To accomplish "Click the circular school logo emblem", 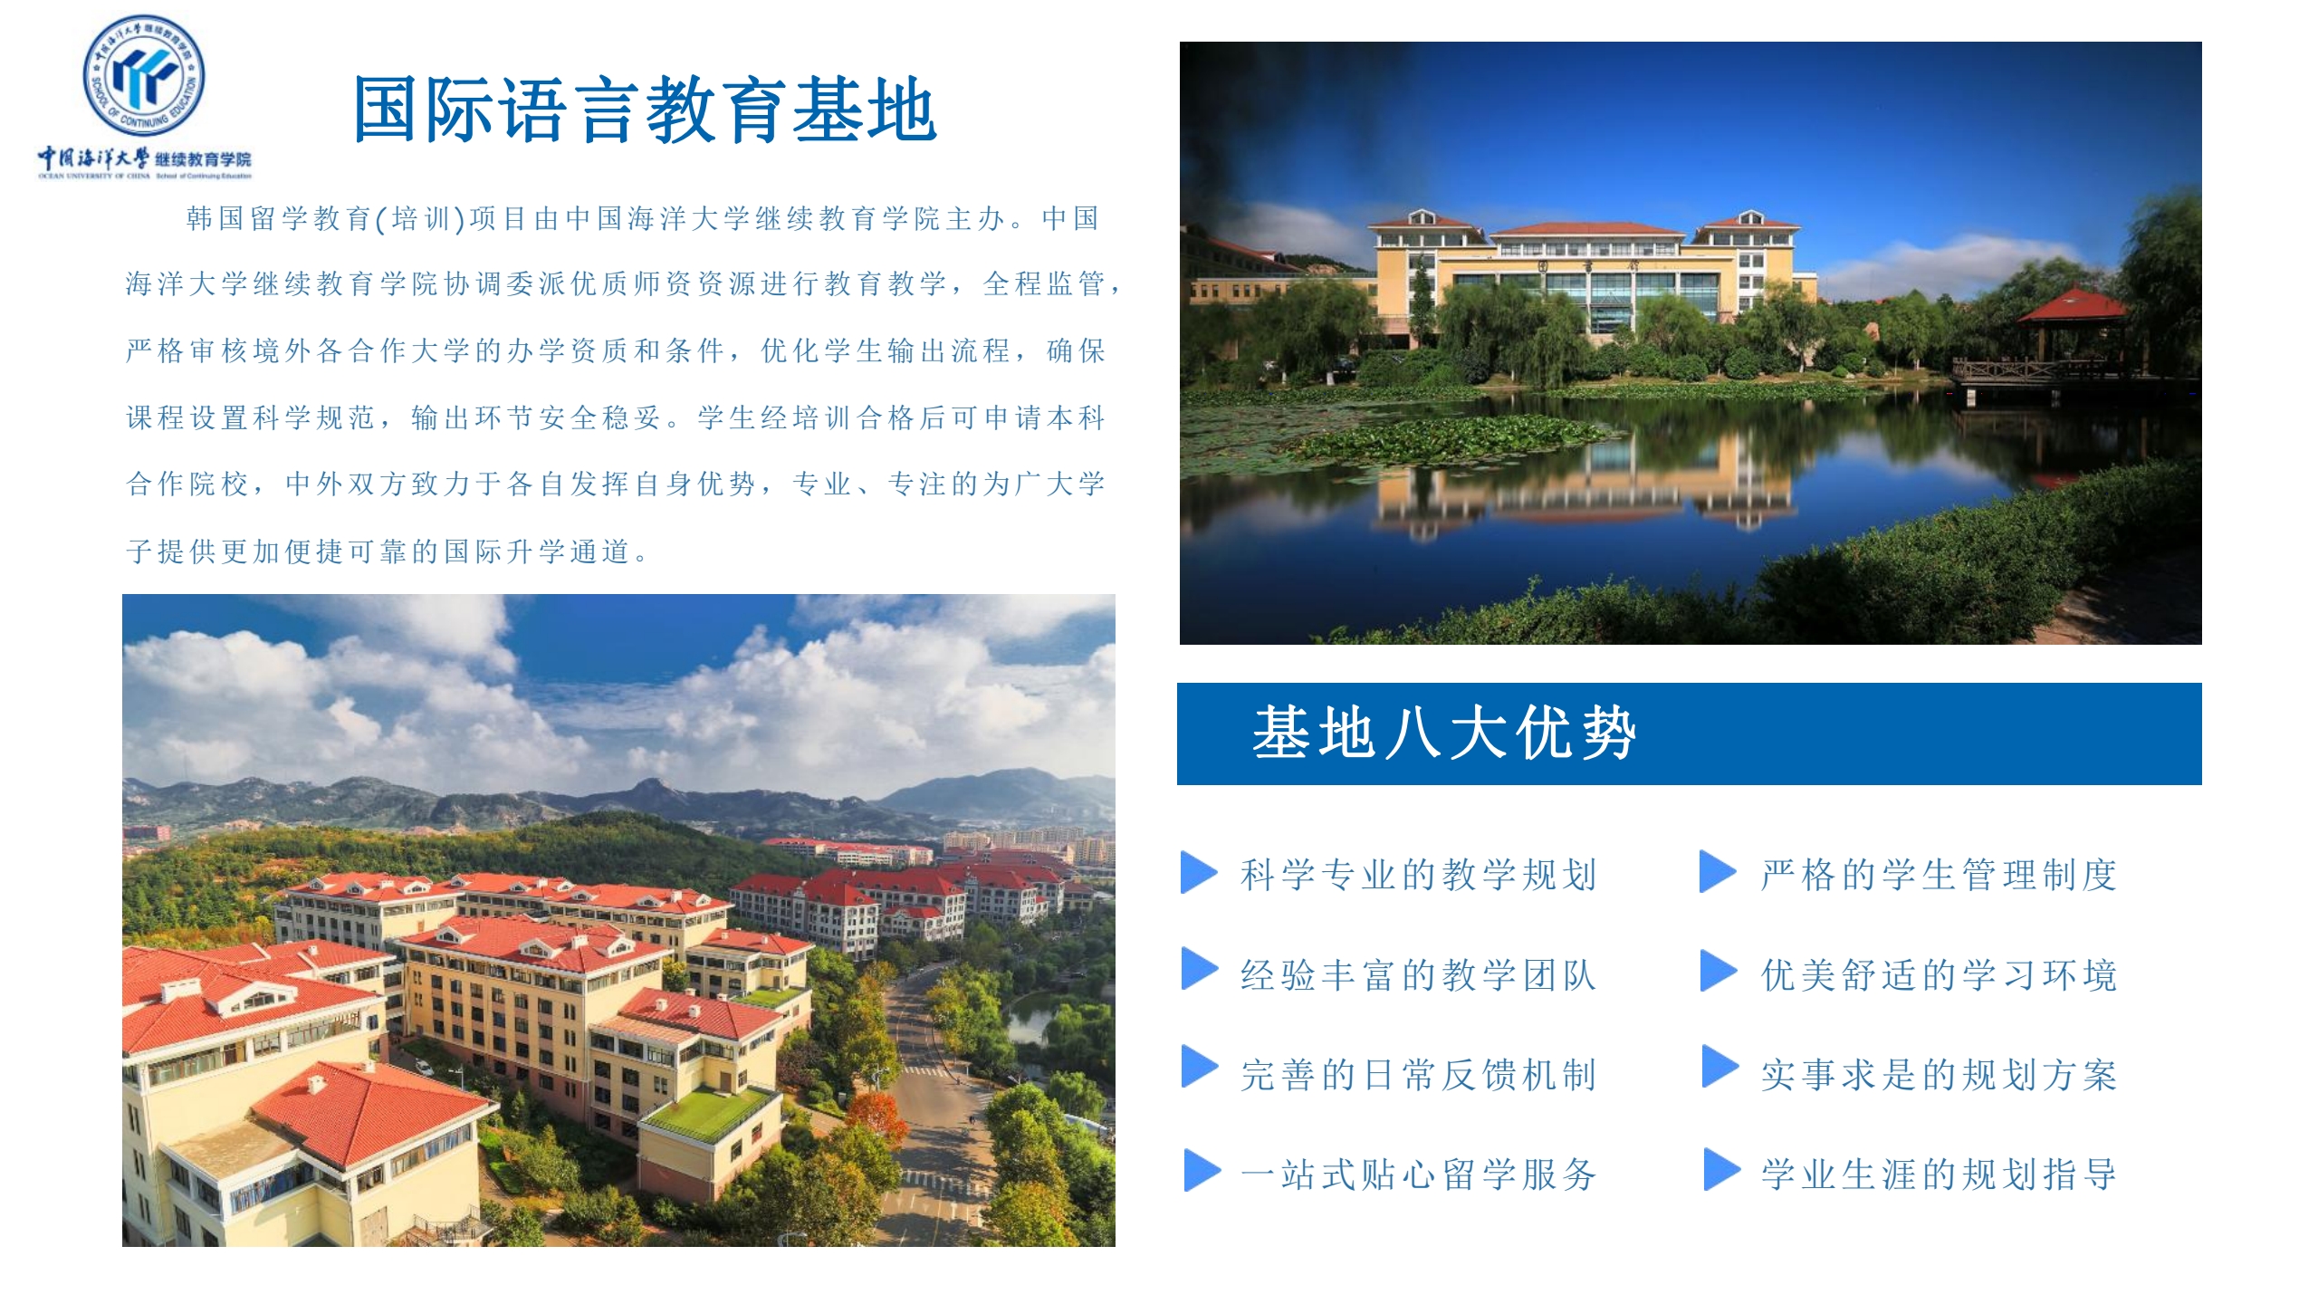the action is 144,76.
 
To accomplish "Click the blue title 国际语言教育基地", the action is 645,110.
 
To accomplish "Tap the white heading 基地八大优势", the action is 1444,733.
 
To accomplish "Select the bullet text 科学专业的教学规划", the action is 1418,875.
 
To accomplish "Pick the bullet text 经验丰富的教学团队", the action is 1418,975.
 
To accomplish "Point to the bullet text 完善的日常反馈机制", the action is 1418,1075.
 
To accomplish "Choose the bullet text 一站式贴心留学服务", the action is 1418,1175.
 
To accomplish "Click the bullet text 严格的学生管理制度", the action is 1939,875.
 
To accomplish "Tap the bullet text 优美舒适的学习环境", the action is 1939,975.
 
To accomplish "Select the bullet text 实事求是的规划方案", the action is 1939,1075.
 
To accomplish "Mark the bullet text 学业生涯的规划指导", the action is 1939,1175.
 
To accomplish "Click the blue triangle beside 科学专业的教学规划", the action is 1198,872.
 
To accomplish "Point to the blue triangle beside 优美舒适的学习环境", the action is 1718,971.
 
